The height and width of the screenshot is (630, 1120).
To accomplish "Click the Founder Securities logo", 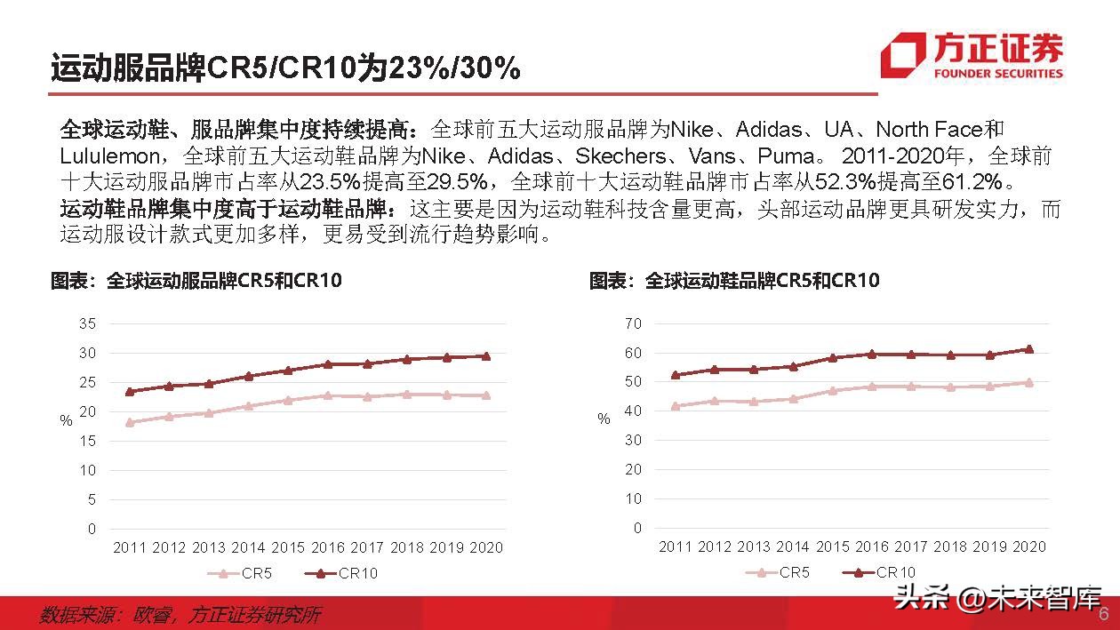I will [x=972, y=56].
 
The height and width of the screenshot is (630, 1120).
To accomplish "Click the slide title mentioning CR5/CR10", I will [x=284, y=68].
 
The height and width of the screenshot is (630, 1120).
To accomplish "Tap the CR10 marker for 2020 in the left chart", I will [x=485, y=356].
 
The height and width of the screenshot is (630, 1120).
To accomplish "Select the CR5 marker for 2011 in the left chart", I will [x=130, y=422].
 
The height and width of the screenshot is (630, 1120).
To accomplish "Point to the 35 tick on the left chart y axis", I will [x=86, y=323].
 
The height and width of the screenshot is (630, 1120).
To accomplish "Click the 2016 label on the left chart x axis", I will [x=328, y=547].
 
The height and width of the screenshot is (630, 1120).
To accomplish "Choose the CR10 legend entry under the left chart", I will [x=341, y=573].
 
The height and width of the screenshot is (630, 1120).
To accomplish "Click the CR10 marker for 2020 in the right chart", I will [x=1030, y=349].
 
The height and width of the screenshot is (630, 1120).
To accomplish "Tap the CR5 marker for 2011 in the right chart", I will [x=676, y=406].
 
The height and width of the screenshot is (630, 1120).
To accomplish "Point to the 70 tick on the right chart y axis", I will [x=632, y=323].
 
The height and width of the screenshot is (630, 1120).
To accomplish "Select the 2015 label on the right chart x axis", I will [x=833, y=546].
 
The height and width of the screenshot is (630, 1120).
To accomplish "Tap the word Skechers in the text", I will [x=620, y=156].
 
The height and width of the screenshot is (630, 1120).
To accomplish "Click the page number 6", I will [x=1104, y=615].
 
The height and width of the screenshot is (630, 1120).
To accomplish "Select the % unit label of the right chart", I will [x=604, y=419].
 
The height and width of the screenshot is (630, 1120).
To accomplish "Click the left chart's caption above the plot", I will [x=196, y=281].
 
